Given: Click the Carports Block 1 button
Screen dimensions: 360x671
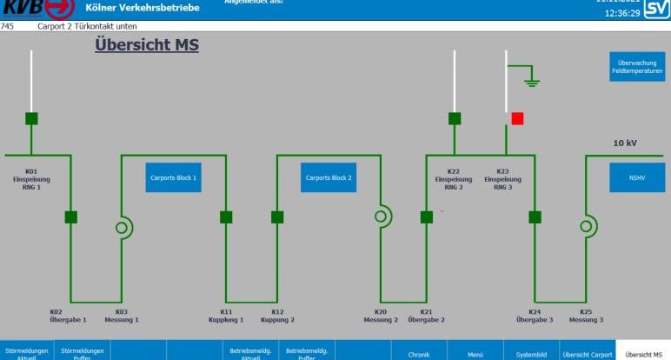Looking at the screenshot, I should tap(173, 177).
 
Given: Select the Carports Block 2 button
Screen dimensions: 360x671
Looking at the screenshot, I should tap(329, 177).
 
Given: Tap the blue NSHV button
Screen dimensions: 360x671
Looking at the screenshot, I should tap(638, 177).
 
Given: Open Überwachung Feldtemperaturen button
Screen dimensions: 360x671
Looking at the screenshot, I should tap(638, 67).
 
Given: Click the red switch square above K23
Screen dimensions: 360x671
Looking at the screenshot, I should tap(518, 118).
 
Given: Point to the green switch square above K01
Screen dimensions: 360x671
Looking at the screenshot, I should tap(31, 118).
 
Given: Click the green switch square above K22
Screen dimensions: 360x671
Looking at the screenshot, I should tap(455, 118).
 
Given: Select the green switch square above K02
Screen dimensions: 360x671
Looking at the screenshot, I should tap(71, 217).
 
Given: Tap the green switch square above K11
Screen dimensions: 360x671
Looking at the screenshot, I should tap(226, 217).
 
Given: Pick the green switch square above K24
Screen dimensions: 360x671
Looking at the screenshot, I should tap(535, 217).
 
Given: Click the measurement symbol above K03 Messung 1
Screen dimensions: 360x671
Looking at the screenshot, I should tap(123, 227).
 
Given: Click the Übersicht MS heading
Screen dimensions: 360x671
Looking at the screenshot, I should tap(147, 44).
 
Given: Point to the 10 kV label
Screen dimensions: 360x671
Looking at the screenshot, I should tap(626, 143).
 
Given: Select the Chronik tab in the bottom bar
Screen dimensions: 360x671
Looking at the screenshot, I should tap(419, 353).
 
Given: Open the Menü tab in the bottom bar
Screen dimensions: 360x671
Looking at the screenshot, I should tap(475, 353).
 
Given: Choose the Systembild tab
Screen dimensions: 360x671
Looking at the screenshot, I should tap(531, 353).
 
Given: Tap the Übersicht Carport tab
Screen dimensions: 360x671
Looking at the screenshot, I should tap(587, 353).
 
